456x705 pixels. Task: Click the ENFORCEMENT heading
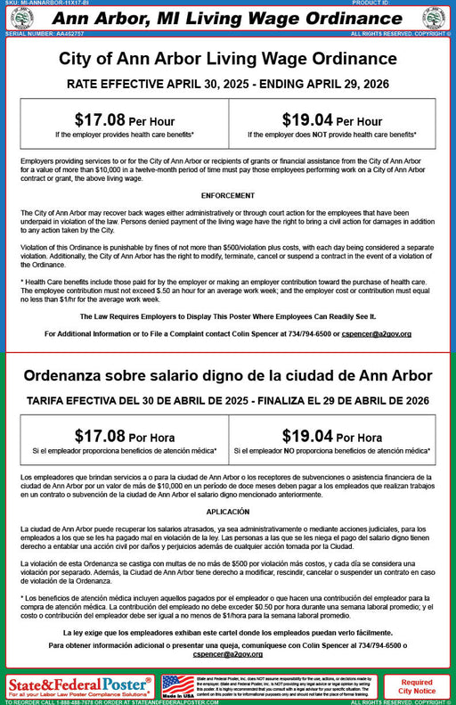pos(227,194)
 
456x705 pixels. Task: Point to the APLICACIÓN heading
pos(227,512)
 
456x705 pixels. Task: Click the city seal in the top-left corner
pos(21,18)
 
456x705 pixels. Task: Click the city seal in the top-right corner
pos(434,18)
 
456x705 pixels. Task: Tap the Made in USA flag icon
pos(177,685)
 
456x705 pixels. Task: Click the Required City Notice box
pos(417,686)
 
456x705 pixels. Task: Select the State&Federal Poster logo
pos(80,686)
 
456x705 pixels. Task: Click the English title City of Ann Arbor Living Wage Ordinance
pos(228,59)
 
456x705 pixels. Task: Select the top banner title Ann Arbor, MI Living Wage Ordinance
pos(228,18)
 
